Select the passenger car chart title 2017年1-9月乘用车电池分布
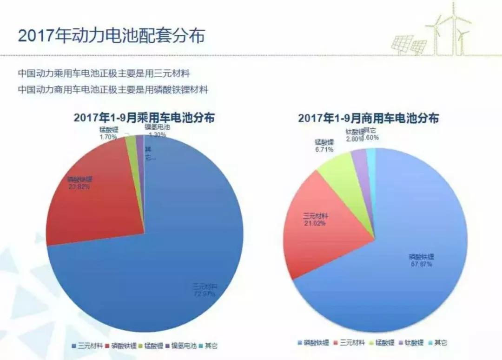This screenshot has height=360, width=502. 144,118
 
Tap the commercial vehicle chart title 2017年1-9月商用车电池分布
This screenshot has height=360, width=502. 369,118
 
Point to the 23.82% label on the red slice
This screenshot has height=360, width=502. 79,187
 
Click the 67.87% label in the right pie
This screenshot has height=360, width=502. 421,264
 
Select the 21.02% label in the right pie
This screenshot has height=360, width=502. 315,223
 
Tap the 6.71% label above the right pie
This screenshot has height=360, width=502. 324,150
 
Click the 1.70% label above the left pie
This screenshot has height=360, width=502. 108,137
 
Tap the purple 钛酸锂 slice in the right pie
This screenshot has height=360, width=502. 360,160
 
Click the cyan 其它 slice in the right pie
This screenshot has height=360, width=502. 371,158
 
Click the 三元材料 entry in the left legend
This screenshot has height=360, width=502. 88,346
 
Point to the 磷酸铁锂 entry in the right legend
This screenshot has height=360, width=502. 313,343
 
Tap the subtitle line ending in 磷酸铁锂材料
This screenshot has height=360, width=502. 112,89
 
